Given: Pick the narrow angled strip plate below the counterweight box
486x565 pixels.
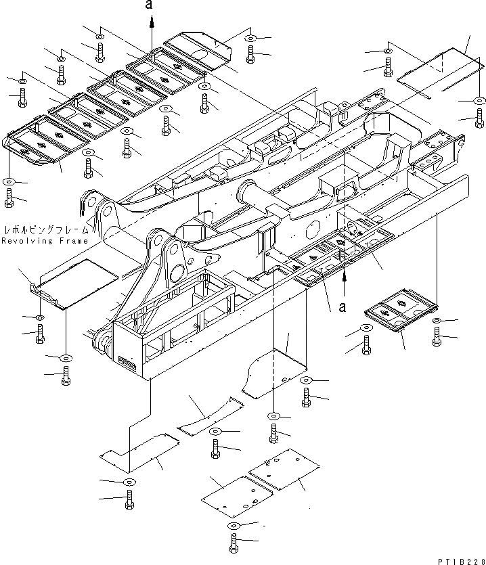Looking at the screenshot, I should tap(211, 416).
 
